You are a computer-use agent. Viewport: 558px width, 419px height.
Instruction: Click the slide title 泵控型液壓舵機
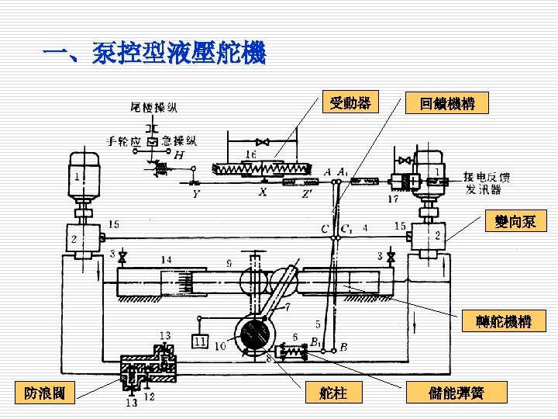[x=155, y=54]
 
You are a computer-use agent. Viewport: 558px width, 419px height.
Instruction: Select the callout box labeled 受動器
[x=350, y=102]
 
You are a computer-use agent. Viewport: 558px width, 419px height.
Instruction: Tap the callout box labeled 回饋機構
[x=447, y=103]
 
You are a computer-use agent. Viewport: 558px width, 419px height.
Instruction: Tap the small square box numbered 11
[x=201, y=341]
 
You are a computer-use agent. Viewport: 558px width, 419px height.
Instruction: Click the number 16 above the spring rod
[x=250, y=154]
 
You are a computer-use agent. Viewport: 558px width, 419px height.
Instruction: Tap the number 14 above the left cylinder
[x=167, y=259]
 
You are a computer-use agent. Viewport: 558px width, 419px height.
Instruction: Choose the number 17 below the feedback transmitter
[x=394, y=199]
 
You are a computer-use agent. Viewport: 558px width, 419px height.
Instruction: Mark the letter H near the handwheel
[x=179, y=155]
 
